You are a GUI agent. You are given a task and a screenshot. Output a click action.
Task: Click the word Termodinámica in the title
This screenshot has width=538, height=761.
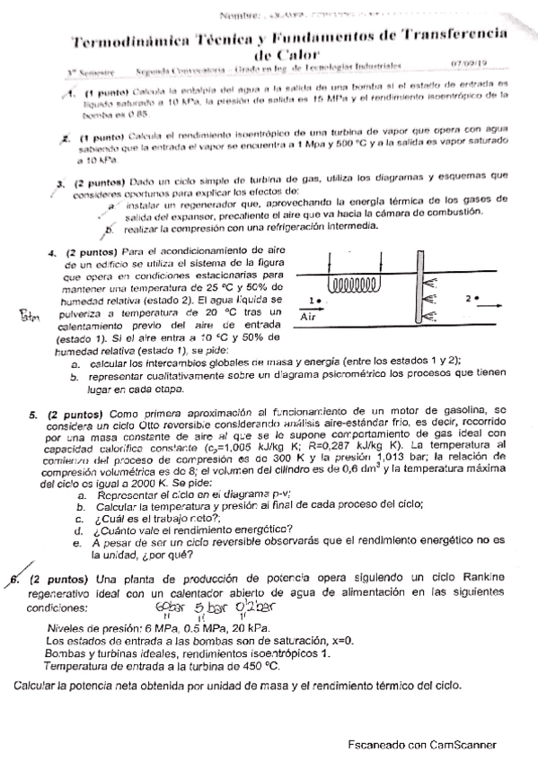tap(115, 40)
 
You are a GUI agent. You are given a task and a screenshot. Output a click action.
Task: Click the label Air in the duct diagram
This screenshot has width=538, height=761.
tap(308, 316)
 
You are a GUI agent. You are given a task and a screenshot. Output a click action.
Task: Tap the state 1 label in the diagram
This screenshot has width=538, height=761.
tap(310, 301)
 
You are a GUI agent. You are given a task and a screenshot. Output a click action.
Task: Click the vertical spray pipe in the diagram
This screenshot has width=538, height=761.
tap(419, 287)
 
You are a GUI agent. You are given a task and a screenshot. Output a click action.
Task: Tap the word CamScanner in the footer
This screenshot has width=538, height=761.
tap(454, 744)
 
